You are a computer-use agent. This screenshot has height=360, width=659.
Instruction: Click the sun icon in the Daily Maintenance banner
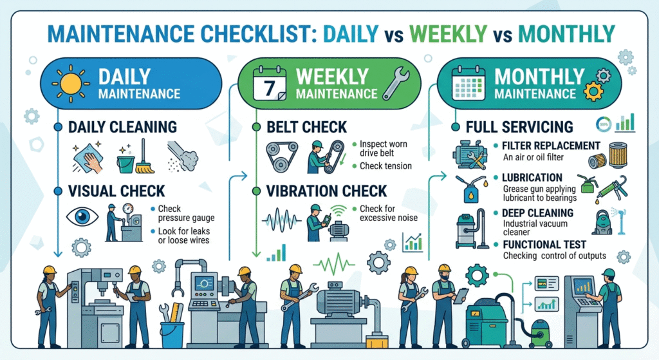[71, 84]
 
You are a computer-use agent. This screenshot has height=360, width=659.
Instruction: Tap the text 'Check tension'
[386, 167]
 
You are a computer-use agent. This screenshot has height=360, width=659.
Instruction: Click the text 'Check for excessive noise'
[389, 213]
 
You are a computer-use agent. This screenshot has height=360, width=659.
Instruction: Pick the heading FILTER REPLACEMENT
[551, 146]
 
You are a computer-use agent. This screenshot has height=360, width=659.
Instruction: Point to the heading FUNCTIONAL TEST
[544, 244]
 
